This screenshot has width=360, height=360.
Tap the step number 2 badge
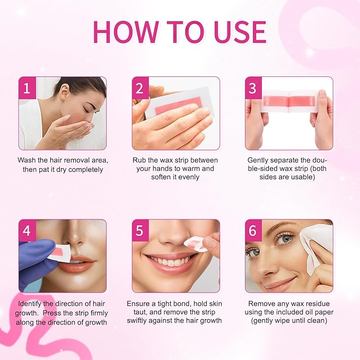tap(139, 87)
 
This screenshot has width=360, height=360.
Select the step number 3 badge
tap(253, 87)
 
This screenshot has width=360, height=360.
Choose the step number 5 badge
tap(139, 230)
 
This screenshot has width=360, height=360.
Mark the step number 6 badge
tap(253, 230)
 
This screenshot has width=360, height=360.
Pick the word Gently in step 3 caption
tap(259, 160)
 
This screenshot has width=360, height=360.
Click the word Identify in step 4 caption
tap(30, 304)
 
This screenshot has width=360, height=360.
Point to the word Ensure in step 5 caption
tap(139, 304)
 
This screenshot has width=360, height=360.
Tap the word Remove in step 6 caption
tap(261, 304)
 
